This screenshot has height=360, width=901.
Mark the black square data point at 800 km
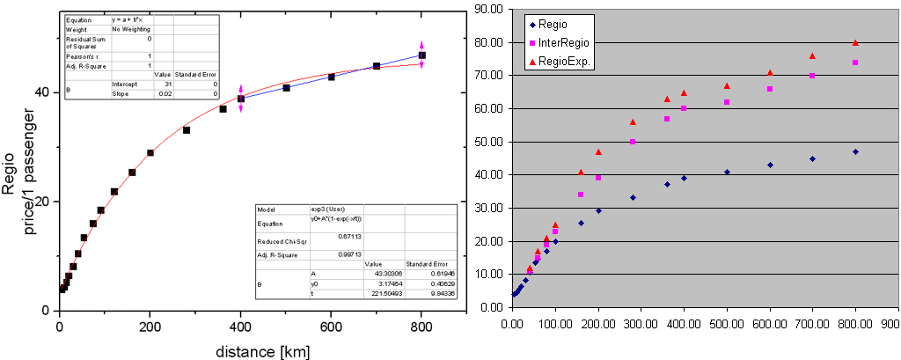pos(421,55)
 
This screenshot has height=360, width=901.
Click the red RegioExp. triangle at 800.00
pos(855,43)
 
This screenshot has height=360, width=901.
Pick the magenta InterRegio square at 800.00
pos(855,62)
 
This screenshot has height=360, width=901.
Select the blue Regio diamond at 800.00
pos(855,151)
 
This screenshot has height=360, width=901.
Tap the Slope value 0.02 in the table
pos(166,92)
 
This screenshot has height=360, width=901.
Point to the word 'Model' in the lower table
pos(266,210)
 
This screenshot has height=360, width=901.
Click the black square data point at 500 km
pos(286,88)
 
